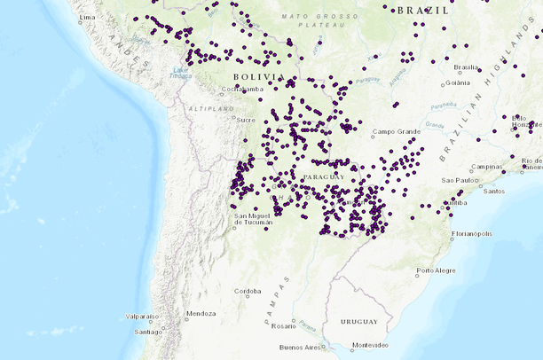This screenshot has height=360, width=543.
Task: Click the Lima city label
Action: [x=87, y=18]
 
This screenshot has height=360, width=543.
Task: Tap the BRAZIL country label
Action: [x=423, y=10]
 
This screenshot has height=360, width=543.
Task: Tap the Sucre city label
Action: [x=246, y=119]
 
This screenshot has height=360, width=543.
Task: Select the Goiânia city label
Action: [x=458, y=82]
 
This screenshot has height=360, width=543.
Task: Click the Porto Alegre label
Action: [x=437, y=270]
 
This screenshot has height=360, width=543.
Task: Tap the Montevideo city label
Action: [x=370, y=345]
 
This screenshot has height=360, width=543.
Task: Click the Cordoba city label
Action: [x=248, y=291]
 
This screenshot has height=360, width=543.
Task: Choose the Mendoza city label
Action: [x=201, y=314]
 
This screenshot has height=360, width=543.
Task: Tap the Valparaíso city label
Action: [x=142, y=316]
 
